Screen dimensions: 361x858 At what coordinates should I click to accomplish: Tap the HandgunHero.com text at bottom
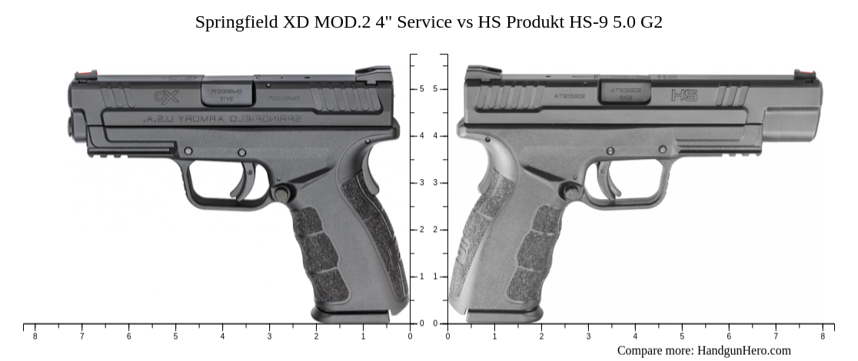pyautogui.click(x=743, y=350)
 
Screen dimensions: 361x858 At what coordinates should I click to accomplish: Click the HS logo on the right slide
pyautogui.click(x=683, y=95)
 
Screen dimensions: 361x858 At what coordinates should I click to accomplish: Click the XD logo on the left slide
pyautogui.click(x=165, y=97)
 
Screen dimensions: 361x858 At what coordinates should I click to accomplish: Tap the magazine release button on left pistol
pyautogui.click(x=282, y=194)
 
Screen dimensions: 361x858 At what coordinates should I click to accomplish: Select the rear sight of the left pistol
pyautogui.click(x=372, y=73)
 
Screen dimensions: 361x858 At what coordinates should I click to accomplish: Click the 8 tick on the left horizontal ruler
pyautogui.click(x=35, y=326)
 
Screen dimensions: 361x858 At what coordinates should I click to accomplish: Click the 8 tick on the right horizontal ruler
pyautogui.click(x=822, y=326)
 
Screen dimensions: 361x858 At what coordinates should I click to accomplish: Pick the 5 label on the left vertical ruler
pyautogui.click(x=421, y=89)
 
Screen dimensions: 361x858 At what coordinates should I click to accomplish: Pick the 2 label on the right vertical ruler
pyautogui.click(x=435, y=230)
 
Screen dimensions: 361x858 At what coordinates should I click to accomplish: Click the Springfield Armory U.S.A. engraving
pyautogui.click(x=222, y=119)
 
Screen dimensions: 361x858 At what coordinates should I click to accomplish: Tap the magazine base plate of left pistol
pyautogui.click(x=351, y=315)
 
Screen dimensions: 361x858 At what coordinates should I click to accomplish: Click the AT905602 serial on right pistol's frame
pyautogui.click(x=570, y=98)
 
